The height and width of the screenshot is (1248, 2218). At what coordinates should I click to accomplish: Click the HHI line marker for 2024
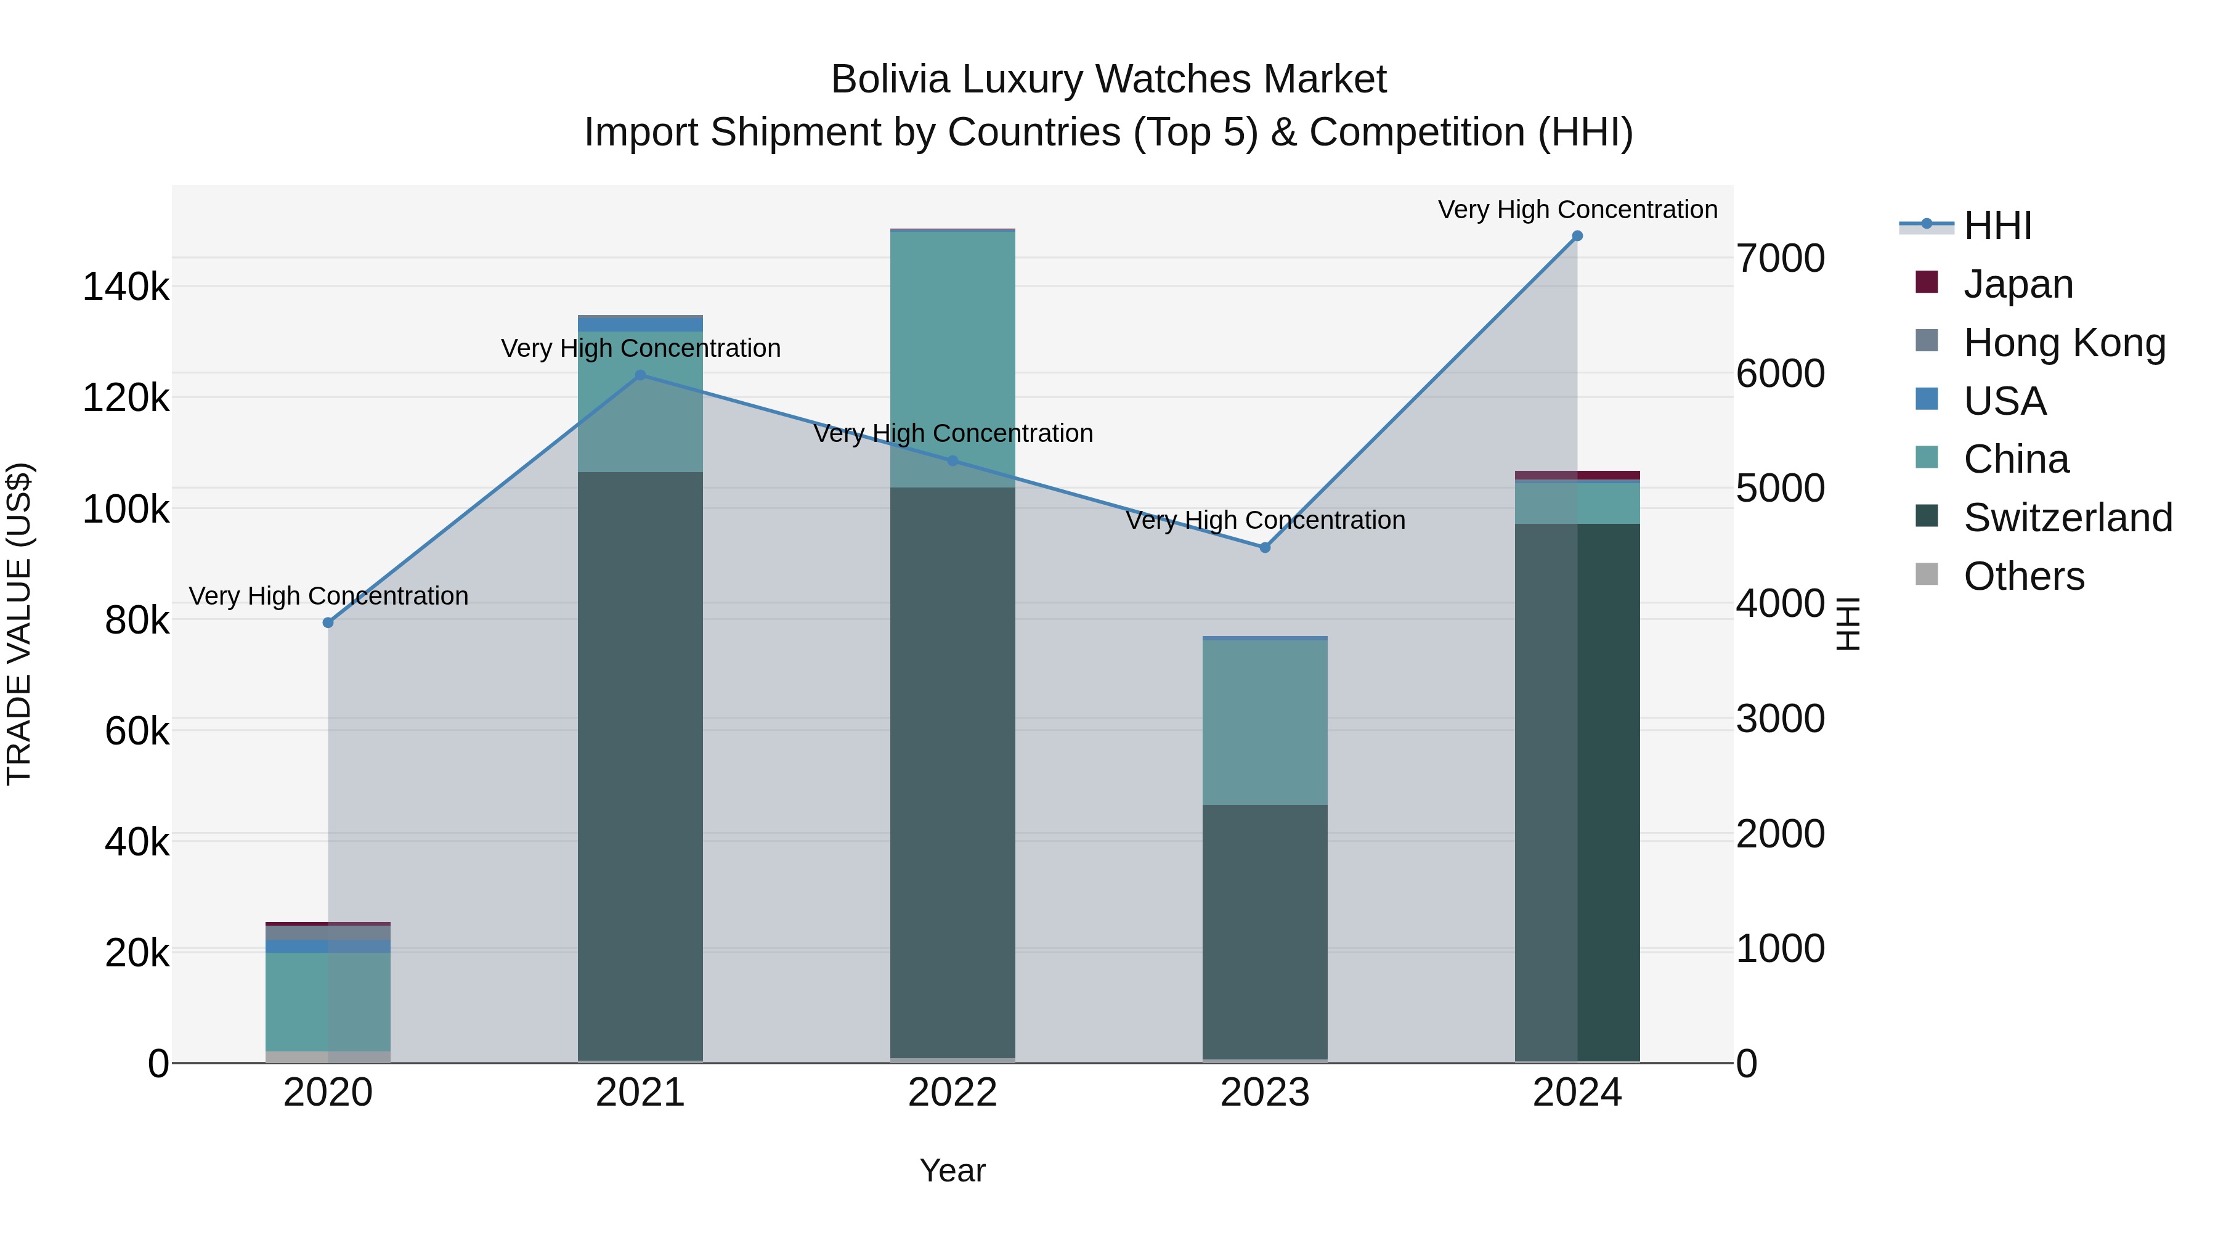1577,236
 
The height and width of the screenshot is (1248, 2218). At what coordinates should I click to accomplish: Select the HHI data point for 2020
328,622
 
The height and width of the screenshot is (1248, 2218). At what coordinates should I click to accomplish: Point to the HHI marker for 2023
1265,548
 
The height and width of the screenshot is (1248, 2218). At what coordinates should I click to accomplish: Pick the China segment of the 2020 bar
328,1001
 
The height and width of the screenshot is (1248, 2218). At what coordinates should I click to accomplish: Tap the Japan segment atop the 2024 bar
1577,475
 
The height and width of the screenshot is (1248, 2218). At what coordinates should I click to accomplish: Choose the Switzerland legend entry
2067,518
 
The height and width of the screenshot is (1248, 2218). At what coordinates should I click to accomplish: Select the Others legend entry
2023,576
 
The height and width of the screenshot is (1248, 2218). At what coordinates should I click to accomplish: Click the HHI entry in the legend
1997,226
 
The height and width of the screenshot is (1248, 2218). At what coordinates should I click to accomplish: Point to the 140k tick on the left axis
126,287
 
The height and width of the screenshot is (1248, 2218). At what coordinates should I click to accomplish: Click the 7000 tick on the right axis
1780,258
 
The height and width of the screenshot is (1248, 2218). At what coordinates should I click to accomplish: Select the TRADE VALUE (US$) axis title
19,624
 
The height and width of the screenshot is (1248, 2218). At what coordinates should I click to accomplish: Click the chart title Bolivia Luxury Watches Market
1108,80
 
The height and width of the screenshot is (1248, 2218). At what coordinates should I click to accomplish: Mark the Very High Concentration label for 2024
1577,210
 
